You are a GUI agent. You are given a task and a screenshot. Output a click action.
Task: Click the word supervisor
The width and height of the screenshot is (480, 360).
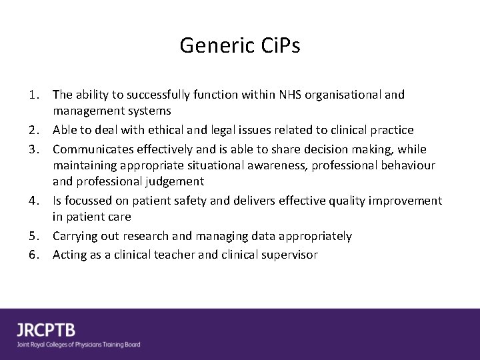pyautogui.click(x=289, y=254)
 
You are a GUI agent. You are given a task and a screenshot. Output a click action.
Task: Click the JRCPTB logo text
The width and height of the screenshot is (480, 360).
pyautogui.click(x=46, y=330)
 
